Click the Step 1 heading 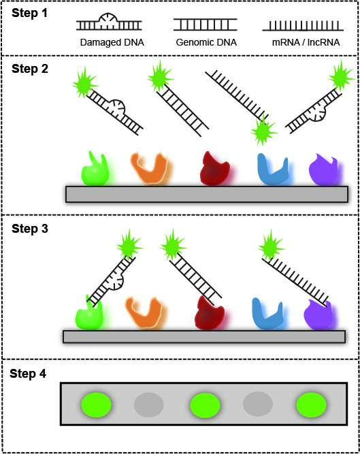coord(29,14)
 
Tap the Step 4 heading coord(28,374)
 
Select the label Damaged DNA coord(112,43)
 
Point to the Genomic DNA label coord(206,43)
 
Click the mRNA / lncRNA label coord(306,43)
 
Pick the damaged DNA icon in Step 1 coord(109,22)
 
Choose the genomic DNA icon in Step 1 coord(205,25)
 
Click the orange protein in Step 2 coord(150,169)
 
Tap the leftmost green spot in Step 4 coord(97,404)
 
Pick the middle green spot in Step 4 coord(205,405)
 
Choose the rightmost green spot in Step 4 coord(311,404)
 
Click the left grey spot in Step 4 coord(149,404)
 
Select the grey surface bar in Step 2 coord(207,194)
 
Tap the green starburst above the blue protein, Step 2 coord(263,131)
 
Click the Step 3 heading coord(30,229)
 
